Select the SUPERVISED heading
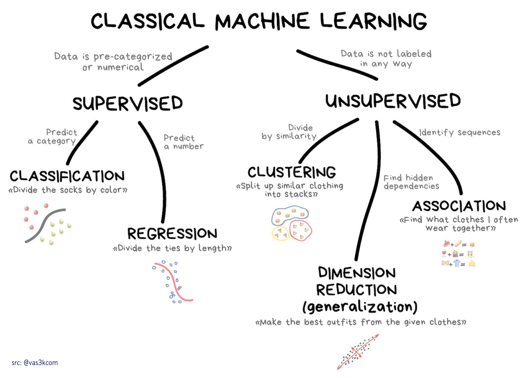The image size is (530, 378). tap(128, 103)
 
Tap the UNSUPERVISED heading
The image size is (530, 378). tap(393, 101)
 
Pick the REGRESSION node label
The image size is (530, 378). tap(172, 233)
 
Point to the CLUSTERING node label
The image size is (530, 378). tap(291, 172)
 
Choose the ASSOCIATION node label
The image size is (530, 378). tap(459, 206)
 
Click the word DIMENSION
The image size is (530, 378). tap(356, 273)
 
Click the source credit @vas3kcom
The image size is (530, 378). tap(35, 363)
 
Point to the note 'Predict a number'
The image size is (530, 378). tap(183, 142)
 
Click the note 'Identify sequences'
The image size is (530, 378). tap(459, 132)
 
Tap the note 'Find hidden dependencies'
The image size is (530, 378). tap(411, 182)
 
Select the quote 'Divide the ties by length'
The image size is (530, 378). tap(172, 248)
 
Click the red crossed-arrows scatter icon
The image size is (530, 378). tap(358, 351)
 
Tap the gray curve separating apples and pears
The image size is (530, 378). tap(44, 225)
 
